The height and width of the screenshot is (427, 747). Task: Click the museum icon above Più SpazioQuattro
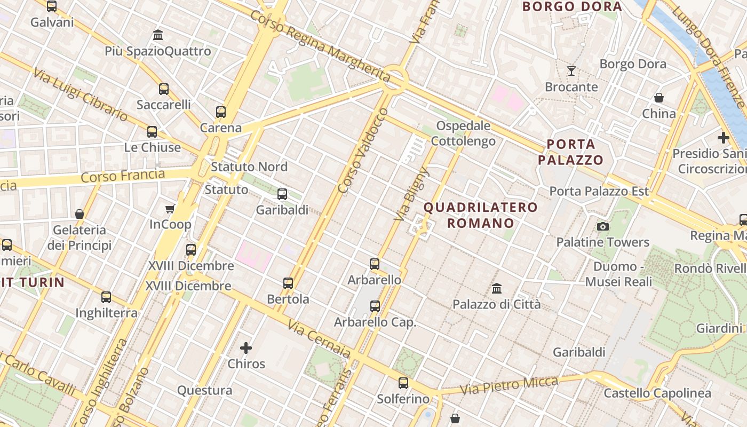coord(158,35)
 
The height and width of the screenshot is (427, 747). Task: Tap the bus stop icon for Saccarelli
coord(164,89)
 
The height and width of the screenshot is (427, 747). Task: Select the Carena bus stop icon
coord(221,112)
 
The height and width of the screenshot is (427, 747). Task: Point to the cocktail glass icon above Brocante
coord(571,70)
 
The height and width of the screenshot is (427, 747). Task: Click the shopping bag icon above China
coord(659,98)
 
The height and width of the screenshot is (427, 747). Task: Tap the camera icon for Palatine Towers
coord(603,226)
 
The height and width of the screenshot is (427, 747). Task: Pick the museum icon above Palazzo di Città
coord(497,289)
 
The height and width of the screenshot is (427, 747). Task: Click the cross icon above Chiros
coord(246,348)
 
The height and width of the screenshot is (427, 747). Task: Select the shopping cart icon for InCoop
coord(170,209)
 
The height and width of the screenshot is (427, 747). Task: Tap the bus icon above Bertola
coord(288,283)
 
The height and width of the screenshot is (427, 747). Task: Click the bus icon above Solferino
coord(403,383)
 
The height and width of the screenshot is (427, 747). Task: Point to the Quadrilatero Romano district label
coord(481,215)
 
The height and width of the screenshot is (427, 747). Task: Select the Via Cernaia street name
coord(319,339)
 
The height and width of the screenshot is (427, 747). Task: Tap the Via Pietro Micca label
coord(509,385)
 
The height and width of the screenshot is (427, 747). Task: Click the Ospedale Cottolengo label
coord(463,133)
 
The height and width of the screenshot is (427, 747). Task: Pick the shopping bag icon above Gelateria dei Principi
coord(80,214)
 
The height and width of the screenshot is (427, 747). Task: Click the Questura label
coord(205,390)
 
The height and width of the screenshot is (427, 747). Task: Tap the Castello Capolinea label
coord(657,393)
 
